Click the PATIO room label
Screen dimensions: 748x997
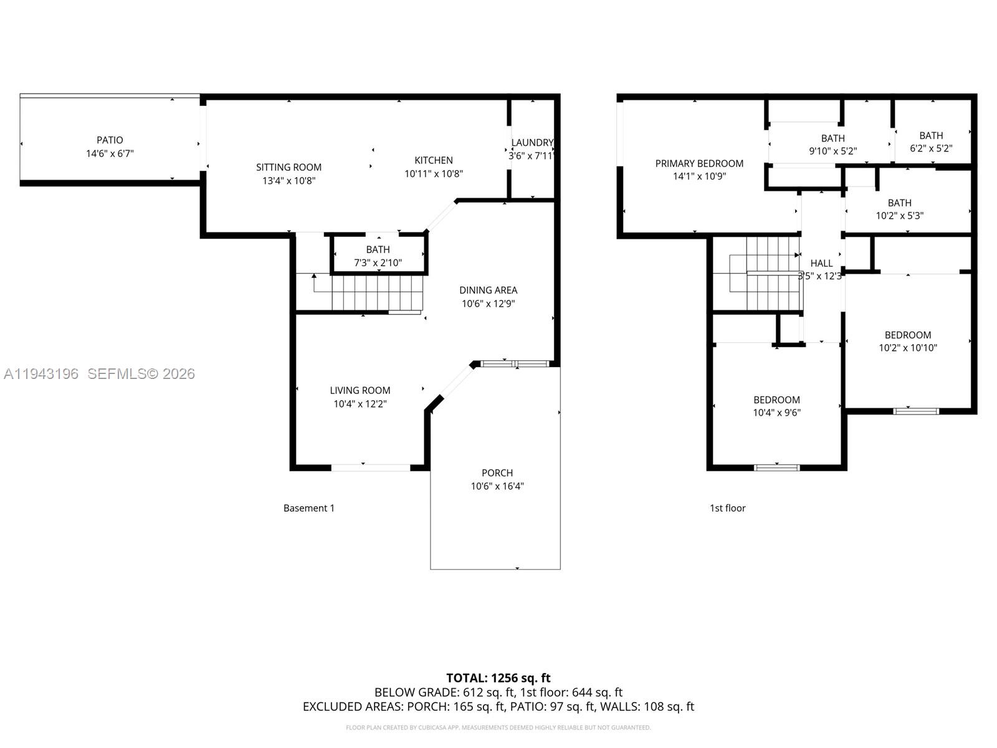(110, 140)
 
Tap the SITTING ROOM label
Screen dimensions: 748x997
(289, 167)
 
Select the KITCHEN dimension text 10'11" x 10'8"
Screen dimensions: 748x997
(434, 174)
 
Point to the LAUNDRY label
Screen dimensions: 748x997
(532, 143)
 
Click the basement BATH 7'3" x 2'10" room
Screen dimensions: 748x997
(378, 256)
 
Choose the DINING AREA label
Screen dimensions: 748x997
(488, 290)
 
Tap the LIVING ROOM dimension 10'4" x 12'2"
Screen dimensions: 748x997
(360, 404)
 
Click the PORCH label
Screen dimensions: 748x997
(497, 472)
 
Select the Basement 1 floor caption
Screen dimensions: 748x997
(308, 508)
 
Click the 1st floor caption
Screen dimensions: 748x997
(727, 508)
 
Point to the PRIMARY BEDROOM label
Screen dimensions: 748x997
(699, 163)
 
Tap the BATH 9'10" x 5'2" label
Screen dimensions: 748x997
(832, 138)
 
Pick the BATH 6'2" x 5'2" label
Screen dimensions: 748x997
(931, 135)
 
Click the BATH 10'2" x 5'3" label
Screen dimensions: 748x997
(899, 203)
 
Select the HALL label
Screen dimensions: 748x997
(821, 263)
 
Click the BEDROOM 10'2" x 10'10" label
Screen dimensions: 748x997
(907, 335)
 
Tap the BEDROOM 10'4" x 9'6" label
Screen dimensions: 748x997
(776, 400)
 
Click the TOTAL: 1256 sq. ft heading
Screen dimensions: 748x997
(498, 678)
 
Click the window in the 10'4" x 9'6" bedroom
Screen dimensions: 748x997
(776, 467)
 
